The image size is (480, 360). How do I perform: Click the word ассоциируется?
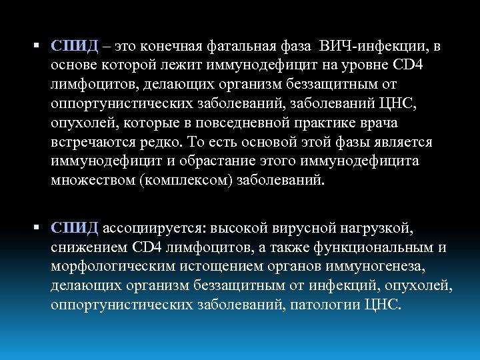coord(154,229)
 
